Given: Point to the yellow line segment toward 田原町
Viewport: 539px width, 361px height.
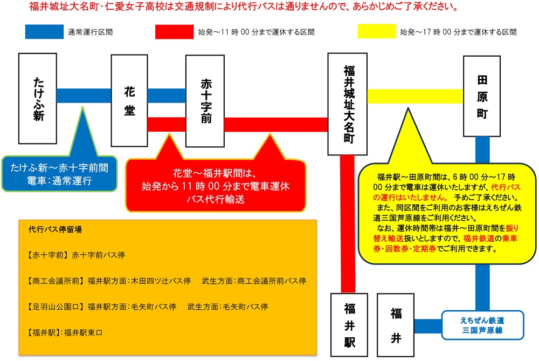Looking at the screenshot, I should click(415, 96).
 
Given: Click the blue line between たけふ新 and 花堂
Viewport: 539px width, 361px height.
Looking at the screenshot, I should click(84, 96).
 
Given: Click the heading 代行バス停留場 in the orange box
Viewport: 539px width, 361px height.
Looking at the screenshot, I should click(56, 229).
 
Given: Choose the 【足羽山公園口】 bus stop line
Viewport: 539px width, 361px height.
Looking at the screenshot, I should click(147, 306).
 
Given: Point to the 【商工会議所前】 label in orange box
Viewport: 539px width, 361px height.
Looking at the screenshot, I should click(55, 281).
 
